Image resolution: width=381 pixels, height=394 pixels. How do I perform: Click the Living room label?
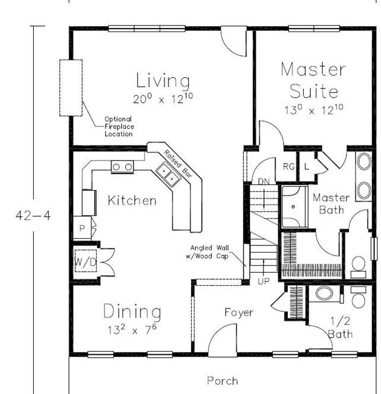click(x=163, y=81)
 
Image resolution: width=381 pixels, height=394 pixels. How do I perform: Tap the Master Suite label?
click(x=314, y=80)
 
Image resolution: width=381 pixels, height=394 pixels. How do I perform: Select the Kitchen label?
click(x=132, y=200)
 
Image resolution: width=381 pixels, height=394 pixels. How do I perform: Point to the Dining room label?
click(x=132, y=311)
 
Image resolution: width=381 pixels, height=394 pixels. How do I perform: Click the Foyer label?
click(x=239, y=313)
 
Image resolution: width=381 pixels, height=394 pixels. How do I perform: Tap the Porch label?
click(x=223, y=381)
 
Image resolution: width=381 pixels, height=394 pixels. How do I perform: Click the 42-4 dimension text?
click(x=33, y=216)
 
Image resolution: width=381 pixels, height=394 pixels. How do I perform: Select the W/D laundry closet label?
click(x=85, y=262)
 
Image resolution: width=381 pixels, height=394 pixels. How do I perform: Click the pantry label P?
click(x=82, y=228)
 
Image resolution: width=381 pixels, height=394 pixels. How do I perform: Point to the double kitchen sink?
click(x=168, y=174)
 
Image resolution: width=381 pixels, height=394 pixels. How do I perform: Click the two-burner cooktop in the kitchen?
click(x=122, y=167)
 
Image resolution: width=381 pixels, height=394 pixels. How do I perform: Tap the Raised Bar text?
click(x=178, y=163)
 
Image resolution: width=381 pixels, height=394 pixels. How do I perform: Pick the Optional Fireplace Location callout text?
click(x=119, y=127)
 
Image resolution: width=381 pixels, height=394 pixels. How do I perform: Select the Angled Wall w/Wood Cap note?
click(x=207, y=252)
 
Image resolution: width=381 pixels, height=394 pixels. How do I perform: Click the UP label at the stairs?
click(x=263, y=282)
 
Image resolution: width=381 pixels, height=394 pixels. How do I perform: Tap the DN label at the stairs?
click(x=263, y=181)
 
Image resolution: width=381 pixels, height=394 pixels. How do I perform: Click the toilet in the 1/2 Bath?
click(x=358, y=297)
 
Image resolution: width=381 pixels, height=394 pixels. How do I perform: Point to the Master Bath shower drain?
click(x=293, y=207)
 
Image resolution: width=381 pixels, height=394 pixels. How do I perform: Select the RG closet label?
click(x=288, y=166)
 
